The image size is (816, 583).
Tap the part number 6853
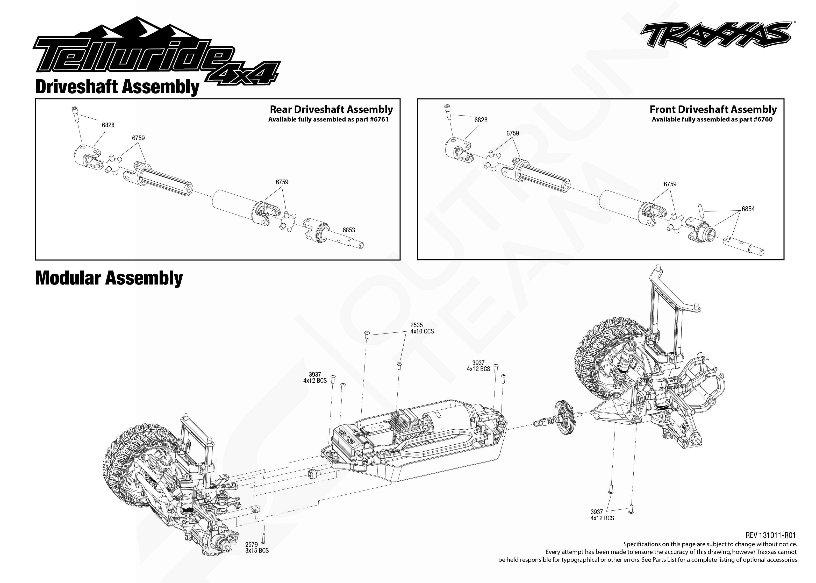(x=348, y=230)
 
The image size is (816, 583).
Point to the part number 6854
(x=748, y=209)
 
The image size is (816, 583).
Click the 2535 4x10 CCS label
(x=422, y=328)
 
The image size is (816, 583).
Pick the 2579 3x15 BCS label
(x=257, y=548)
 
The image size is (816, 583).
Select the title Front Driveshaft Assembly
(x=713, y=110)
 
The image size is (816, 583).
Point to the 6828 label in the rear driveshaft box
(x=108, y=125)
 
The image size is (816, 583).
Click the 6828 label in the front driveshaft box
(x=481, y=120)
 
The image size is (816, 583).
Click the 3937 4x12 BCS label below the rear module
(x=602, y=515)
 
